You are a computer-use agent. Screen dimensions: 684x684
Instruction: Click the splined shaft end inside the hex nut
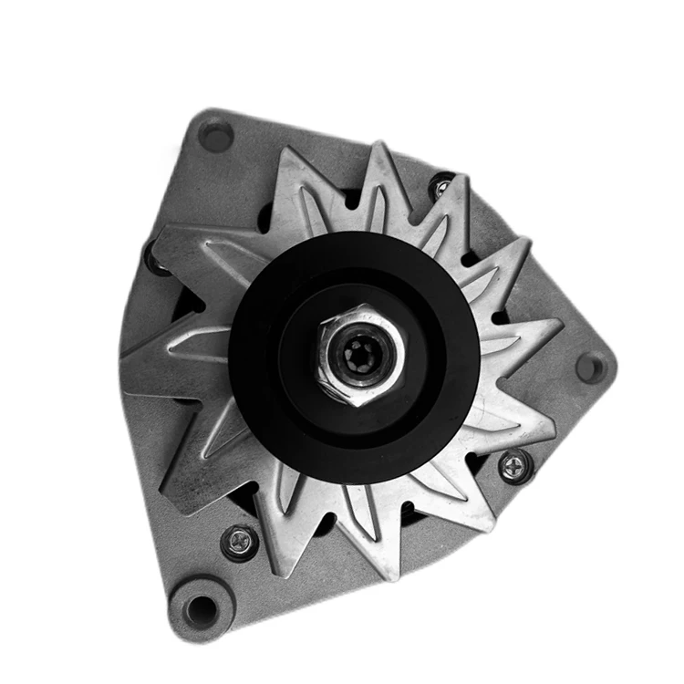click(x=362, y=354)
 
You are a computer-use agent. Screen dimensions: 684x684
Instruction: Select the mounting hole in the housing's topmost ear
click(x=215, y=136)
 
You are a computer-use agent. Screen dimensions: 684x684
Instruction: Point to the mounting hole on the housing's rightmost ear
click(x=591, y=367)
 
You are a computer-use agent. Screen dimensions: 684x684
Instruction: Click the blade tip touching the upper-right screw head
click(x=464, y=179)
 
